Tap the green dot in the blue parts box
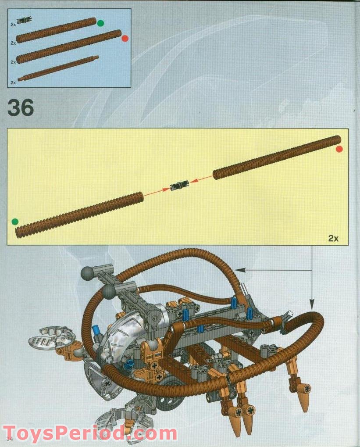tap(100, 23)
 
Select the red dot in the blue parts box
tap(125, 38)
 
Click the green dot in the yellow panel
tap(15, 221)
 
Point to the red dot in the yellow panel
tap(339, 149)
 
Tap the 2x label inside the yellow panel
tap(333, 239)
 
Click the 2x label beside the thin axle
tap(13, 82)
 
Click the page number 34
tap(10, 439)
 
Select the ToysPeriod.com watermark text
tap(90, 433)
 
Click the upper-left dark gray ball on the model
tap(87, 274)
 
